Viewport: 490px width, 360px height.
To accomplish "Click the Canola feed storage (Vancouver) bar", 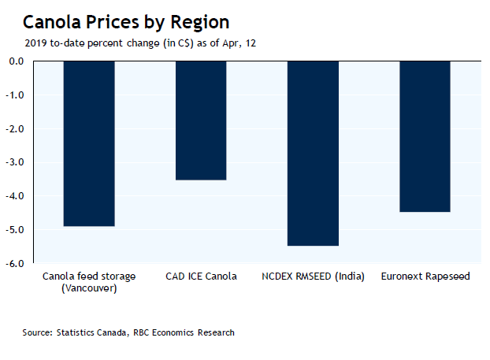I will [x=89, y=143].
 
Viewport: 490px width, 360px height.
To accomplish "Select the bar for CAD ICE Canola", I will [x=201, y=121].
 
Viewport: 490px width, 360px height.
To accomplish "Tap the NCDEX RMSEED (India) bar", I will [x=313, y=154].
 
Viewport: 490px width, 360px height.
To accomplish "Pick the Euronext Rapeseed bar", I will [x=425, y=136].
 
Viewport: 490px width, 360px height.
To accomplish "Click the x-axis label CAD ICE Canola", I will [x=201, y=276].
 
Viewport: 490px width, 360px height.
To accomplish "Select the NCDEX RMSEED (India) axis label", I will [x=313, y=276].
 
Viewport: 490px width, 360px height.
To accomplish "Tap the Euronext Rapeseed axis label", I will [x=425, y=276].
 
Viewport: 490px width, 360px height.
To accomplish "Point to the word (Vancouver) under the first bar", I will [x=89, y=288].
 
